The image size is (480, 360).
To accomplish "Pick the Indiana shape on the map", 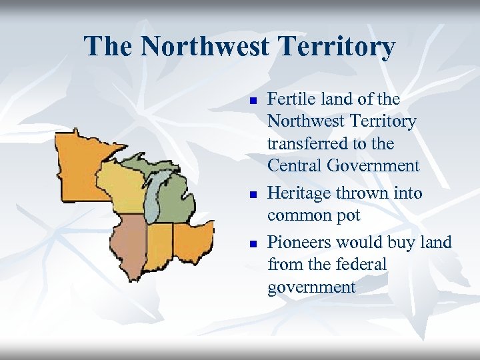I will click(x=160, y=243).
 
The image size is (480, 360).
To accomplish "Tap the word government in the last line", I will click(x=311, y=287).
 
